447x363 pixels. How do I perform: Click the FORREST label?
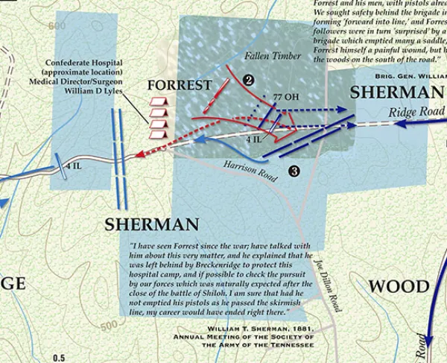click(178, 84)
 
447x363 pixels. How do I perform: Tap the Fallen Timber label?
click(273, 56)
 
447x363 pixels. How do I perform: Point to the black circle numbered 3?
click(294, 171)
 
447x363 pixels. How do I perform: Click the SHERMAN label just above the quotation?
click(151, 224)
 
